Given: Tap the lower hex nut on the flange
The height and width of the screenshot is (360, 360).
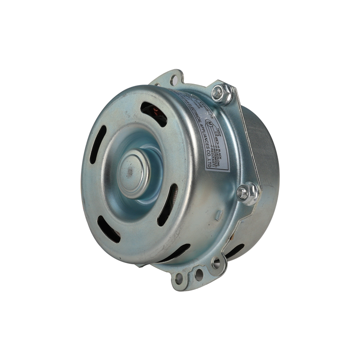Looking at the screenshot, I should tap(248, 193).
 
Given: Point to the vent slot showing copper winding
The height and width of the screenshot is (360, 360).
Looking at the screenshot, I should tap(153, 114).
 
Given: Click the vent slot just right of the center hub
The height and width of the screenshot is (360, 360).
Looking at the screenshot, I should tap(167, 205).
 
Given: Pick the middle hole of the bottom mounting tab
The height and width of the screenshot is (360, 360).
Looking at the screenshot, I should tap(198, 274).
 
